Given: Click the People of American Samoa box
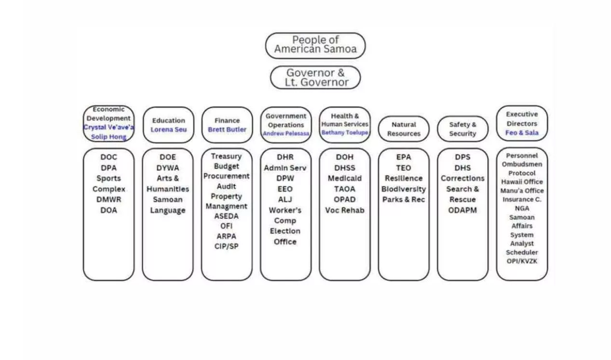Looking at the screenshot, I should click(315, 45).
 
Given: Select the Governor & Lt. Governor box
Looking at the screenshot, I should click(315, 78).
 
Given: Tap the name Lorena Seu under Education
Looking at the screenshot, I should click(168, 130).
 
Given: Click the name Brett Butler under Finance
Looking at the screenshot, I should click(227, 130).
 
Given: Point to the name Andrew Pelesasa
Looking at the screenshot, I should click(286, 133).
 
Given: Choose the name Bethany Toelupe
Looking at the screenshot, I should click(345, 133).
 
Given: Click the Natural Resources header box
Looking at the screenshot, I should click(404, 129).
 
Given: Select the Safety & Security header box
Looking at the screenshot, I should click(462, 129).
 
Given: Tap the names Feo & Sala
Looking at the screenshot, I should click(522, 133).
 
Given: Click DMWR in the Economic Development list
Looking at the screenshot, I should click(109, 200).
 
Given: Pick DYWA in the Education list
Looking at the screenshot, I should click(167, 168).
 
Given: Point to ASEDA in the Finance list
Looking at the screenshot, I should click(227, 216).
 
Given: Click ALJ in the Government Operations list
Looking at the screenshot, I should click(285, 200).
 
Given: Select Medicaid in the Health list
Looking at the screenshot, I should click(345, 178).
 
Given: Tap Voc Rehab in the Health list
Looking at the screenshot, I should click(345, 210).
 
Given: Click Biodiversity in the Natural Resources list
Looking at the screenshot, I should click(404, 189).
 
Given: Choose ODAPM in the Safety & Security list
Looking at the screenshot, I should click(462, 210).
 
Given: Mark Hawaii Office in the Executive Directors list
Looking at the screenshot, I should click(522, 182).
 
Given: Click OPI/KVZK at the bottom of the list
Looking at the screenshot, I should click(522, 261).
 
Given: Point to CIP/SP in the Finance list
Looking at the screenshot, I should click(227, 246).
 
